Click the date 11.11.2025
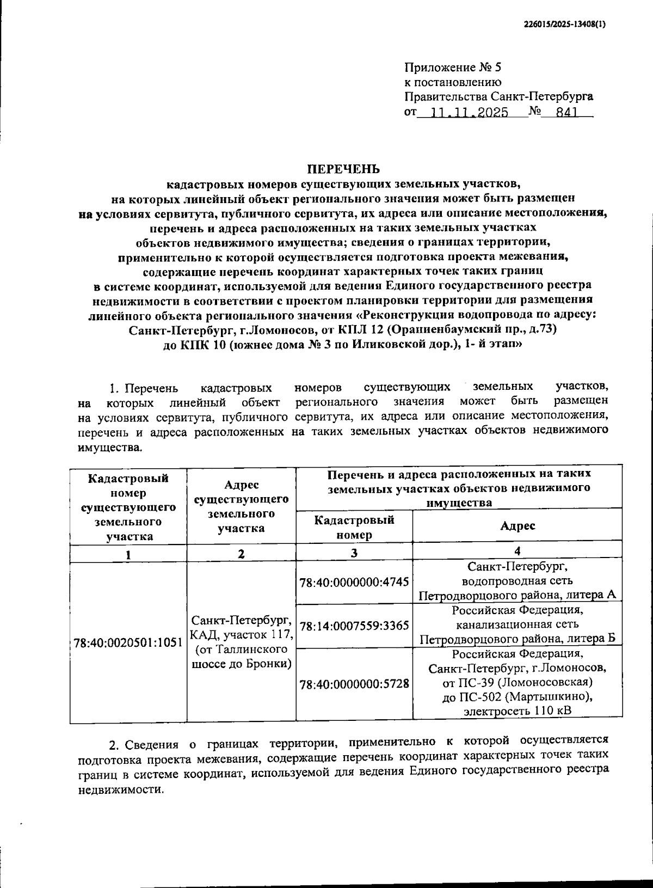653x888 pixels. click(469, 113)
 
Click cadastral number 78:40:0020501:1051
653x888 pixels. click(128, 642)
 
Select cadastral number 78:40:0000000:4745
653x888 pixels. click(354, 582)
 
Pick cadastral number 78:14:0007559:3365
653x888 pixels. click(354, 626)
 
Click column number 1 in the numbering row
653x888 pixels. click(128, 555)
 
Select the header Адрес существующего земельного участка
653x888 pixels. click(241, 506)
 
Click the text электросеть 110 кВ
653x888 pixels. click(516, 711)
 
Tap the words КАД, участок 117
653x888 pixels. click(242, 635)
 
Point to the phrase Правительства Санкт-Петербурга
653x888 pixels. click(498, 97)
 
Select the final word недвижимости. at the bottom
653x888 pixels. click(120, 790)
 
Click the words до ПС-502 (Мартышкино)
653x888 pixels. click(516, 696)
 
